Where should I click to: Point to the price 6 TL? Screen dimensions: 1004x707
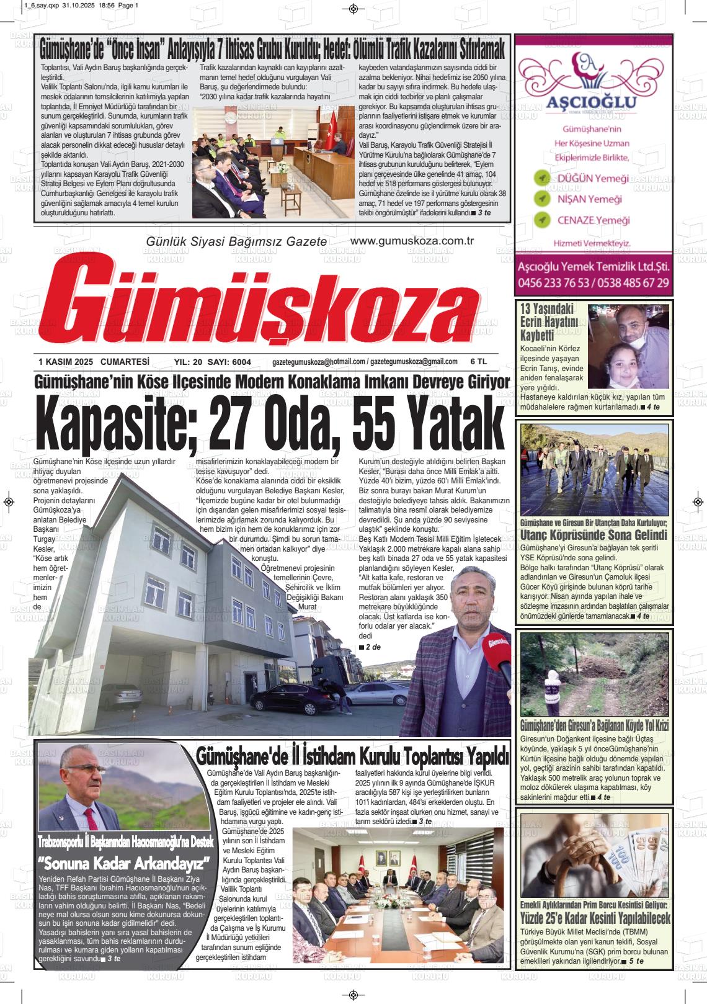[479, 362]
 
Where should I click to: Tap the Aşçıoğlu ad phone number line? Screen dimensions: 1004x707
[593, 283]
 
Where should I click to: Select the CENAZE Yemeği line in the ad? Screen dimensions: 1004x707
[593, 220]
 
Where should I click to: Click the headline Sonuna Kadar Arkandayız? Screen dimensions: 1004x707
[123, 863]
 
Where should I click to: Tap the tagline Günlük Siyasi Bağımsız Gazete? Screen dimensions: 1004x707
[236, 241]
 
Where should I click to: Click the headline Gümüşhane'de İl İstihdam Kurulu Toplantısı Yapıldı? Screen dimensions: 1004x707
[353, 756]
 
